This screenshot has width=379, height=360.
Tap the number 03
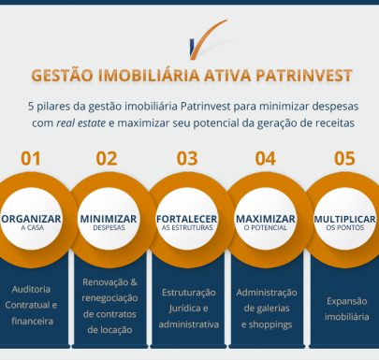[186, 158]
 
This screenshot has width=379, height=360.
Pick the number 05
[344, 158]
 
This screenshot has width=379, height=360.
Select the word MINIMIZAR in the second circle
[109, 218]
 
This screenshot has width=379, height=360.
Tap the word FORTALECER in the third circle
[187, 218]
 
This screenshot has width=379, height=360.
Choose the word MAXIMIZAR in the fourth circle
[266, 218]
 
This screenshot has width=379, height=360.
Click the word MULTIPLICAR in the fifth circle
[344, 218]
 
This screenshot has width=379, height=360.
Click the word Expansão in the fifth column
[345, 301]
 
